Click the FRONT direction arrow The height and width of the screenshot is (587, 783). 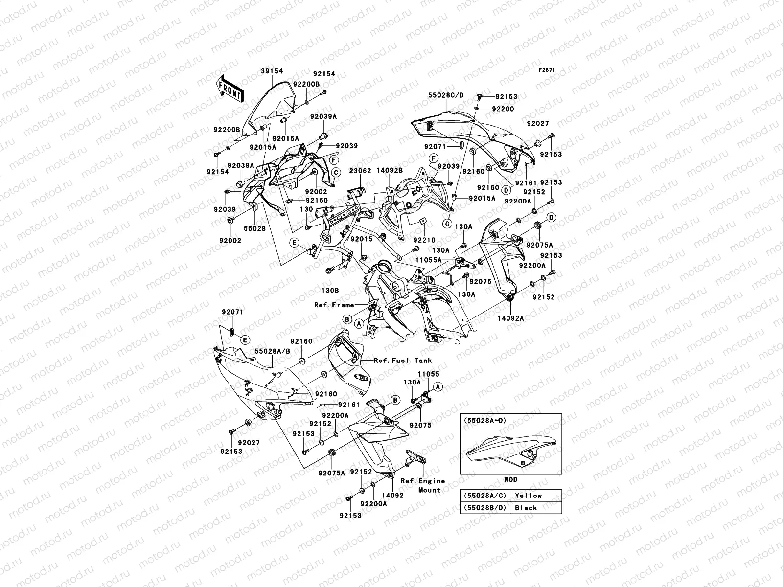[x=230, y=89]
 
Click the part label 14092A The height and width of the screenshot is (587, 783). [x=511, y=318]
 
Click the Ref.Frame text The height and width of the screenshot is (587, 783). [x=334, y=305]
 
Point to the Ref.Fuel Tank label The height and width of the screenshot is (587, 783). [x=403, y=361]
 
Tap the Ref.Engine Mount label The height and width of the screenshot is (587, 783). [x=422, y=485]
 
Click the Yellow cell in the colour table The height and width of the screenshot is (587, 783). [x=528, y=496]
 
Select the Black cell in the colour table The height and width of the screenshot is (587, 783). [x=526, y=508]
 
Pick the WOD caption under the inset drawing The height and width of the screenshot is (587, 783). [x=510, y=480]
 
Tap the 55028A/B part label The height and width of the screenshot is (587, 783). [x=272, y=351]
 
